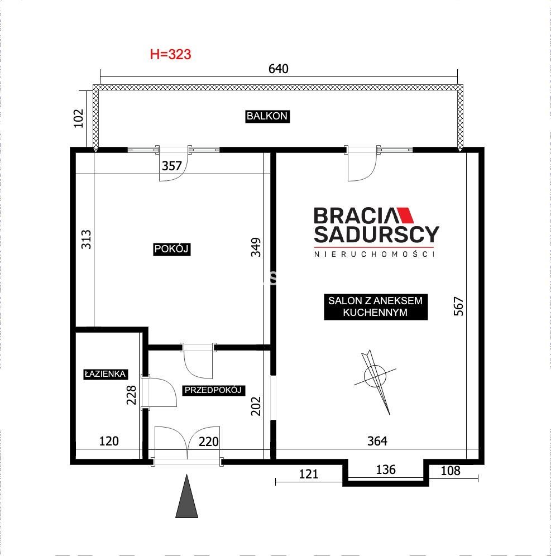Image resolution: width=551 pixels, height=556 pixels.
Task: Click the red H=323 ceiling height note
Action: pyautogui.click(x=171, y=54)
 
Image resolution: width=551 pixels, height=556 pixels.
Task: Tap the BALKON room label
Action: pyautogui.click(x=267, y=116)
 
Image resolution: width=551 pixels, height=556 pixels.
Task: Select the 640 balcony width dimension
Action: pyautogui.click(x=279, y=69)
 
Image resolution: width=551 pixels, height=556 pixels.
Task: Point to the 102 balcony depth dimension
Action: pyautogui.click(x=78, y=118)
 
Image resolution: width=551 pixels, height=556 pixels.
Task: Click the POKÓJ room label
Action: pyautogui.click(x=171, y=249)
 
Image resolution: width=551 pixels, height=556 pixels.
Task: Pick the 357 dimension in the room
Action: pyautogui.click(x=171, y=166)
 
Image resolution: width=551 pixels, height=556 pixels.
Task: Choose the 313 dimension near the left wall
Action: pyautogui.click(x=86, y=239)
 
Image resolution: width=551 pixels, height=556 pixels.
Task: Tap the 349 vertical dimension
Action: pyautogui.click(x=256, y=247)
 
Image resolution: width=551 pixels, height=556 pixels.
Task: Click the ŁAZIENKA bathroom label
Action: pyautogui.click(x=106, y=374)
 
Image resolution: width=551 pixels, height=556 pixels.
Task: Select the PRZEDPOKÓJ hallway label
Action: pyautogui.click(x=213, y=390)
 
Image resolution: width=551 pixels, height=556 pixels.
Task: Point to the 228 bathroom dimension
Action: pyautogui.click(x=131, y=395)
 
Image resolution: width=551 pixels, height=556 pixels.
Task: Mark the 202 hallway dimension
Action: pyautogui.click(x=256, y=406)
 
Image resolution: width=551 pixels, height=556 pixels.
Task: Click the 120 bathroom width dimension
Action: pyautogui.click(x=109, y=441)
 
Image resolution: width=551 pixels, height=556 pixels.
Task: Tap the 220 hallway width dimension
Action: pyautogui.click(x=208, y=442)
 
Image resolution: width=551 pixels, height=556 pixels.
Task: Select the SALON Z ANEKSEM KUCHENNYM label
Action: pyautogui.click(x=376, y=306)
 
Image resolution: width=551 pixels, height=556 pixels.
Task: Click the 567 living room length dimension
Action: pyautogui.click(x=458, y=306)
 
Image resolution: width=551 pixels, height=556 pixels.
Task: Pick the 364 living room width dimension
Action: pyautogui.click(x=377, y=441)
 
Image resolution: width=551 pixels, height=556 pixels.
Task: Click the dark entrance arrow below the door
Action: pyautogui.click(x=186, y=496)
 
